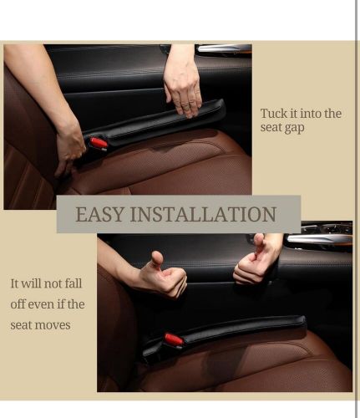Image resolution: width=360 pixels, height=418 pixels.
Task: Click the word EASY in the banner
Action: (99, 214)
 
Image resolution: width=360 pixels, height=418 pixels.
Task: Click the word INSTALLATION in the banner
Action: (203, 214)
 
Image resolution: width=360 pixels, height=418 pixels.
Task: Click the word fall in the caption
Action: (74, 283)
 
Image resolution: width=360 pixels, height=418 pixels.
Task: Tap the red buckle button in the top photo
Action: (99, 143)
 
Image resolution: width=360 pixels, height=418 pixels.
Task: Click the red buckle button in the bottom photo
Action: (174, 339)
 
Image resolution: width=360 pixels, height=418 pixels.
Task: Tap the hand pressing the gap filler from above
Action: (182, 92)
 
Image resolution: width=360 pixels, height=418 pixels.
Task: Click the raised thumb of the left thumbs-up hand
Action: (157, 258)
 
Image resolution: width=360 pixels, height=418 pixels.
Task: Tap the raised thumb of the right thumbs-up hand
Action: (259, 241)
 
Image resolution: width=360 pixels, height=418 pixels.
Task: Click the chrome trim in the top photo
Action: (224, 48)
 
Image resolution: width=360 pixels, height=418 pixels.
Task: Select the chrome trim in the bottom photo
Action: (320, 239)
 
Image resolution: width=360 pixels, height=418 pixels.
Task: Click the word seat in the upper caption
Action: (270, 128)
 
